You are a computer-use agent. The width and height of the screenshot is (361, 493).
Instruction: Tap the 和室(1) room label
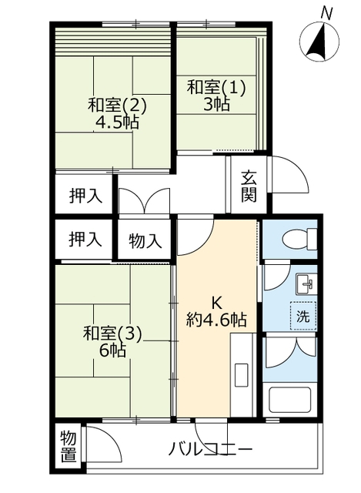click(x=216, y=87)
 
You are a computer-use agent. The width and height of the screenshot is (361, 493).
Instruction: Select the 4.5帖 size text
click(x=117, y=122)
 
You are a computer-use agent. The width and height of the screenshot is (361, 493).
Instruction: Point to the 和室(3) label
click(x=112, y=334)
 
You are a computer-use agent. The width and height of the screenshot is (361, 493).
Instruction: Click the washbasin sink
click(x=306, y=284)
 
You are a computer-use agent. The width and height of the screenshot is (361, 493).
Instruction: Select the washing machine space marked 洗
click(x=303, y=316)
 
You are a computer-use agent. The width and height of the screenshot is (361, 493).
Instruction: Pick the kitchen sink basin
click(x=242, y=375)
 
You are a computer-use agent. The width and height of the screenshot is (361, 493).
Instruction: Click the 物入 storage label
click(x=145, y=241)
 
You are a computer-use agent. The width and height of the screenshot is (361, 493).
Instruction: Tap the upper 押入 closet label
click(x=85, y=196)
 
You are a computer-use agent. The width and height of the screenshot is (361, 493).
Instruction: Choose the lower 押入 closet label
click(x=85, y=240)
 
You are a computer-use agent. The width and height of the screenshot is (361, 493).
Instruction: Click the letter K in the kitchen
click(x=216, y=304)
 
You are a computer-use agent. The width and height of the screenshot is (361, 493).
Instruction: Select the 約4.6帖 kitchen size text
click(x=216, y=320)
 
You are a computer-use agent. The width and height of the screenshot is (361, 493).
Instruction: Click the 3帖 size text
click(x=216, y=104)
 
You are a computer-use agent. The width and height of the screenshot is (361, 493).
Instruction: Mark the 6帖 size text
click(x=113, y=350)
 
